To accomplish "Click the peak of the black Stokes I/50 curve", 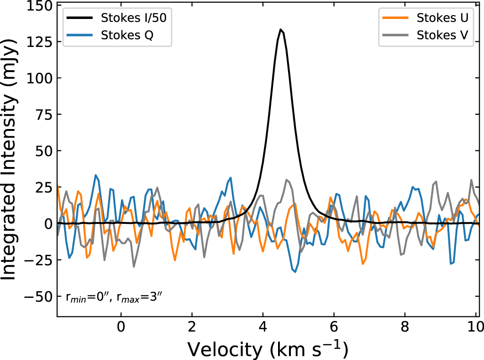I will pyautogui.click(x=281, y=29).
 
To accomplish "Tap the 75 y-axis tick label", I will pyautogui.click(x=40, y=115).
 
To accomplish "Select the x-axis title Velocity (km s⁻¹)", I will pyautogui.click(x=268, y=349).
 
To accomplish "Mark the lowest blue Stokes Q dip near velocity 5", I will pyautogui.click(x=295, y=272).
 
